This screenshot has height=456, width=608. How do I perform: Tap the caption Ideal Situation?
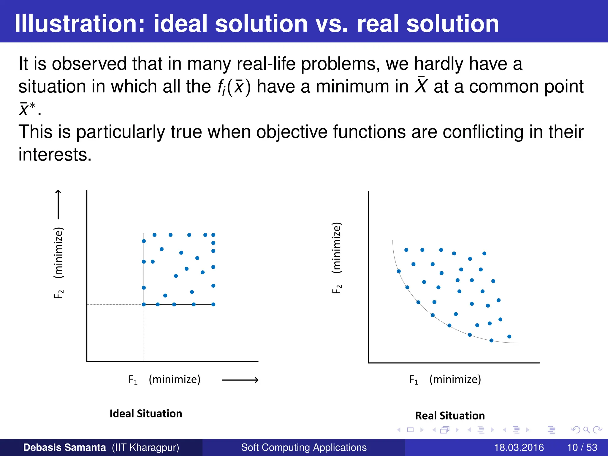pos(145,414)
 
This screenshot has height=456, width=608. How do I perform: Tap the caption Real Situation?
pos(450,416)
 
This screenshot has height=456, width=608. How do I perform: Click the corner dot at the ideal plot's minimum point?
pos(144,304)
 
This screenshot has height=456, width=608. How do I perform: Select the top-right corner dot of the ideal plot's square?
pos(213,235)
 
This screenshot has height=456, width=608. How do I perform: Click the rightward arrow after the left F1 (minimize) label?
pos(240,380)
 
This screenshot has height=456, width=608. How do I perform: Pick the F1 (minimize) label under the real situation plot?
pos(445,379)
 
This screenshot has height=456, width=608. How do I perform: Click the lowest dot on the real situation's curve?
pos(491,340)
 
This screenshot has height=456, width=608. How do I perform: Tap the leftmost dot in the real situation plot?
pos(399,271)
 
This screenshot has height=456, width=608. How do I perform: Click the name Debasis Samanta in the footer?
pos(64,447)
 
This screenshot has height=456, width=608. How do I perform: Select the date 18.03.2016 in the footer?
pos(519,447)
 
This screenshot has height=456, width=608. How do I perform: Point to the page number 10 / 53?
pos(582,447)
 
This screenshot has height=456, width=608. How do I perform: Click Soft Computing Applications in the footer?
pos(304,447)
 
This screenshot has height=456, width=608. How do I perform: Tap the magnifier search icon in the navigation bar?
pos(586,430)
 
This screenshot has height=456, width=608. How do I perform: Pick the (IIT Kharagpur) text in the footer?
pos(145,447)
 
